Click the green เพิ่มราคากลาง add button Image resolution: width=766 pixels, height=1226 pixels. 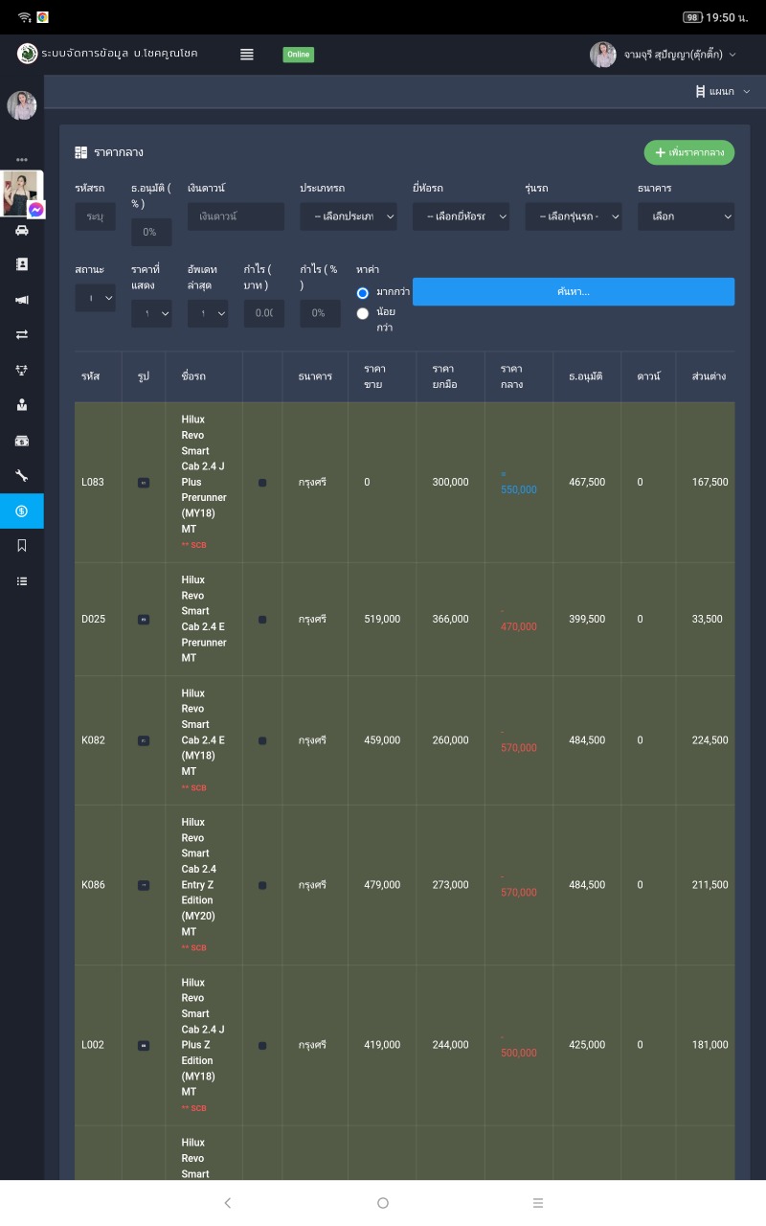click(x=689, y=152)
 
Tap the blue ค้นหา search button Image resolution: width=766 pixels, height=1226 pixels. click(x=574, y=292)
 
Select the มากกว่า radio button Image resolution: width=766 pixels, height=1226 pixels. click(x=363, y=293)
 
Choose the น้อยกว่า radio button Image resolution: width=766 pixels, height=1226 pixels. click(x=363, y=313)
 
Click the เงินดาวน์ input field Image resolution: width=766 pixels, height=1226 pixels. click(x=236, y=216)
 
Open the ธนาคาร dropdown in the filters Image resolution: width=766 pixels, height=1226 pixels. click(x=686, y=216)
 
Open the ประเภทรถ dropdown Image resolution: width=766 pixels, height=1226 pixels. click(x=349, y=216)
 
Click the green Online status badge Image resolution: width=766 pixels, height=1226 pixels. click(x=299, y=55)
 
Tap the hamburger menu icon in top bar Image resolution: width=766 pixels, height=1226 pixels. click(x=247, y=55)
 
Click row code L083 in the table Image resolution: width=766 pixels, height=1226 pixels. click(x=93, y=482)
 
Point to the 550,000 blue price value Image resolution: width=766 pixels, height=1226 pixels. click(x=518, y=489)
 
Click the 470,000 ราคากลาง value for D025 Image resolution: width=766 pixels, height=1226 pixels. click(x=518, y=626)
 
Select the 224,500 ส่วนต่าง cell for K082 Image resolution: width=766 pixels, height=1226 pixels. click(x=710, y=740)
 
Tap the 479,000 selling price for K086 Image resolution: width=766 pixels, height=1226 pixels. click(x=382, y=885)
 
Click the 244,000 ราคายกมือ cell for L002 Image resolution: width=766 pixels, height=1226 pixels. click(x=450, y=1045)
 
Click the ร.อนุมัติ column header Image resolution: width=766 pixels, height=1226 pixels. click(x=585, y=376)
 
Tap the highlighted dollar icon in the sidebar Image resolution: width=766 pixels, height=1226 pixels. click(x=22, y=511)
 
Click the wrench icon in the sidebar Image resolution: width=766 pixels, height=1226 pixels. click(x=22, y=475)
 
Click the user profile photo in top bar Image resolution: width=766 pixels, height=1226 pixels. click(x=603, y=55)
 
